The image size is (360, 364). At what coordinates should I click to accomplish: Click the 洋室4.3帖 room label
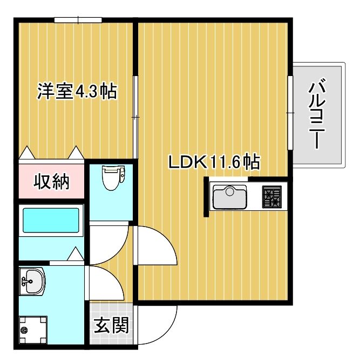click(77, 91)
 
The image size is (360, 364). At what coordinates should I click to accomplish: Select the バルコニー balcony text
click(319, 114)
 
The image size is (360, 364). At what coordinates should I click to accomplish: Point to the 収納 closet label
click(52, 182)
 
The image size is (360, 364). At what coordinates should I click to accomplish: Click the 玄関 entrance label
click(112, 325)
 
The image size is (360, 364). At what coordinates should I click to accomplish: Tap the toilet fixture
click(113, 177)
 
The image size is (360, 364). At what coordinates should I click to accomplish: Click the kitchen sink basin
click(230, 197)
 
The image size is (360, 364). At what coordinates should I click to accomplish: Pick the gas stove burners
click(272, 197)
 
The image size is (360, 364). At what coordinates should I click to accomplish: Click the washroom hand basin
click(32, 281)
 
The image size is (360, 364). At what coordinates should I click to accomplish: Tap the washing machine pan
click(31, 328)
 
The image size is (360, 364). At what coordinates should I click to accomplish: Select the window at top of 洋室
click(78, 20)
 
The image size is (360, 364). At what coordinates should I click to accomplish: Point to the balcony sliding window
click(290, 113)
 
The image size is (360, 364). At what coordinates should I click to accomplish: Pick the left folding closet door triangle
click(26, 153)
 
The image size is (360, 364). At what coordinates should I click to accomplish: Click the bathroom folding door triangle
click(75, 254)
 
